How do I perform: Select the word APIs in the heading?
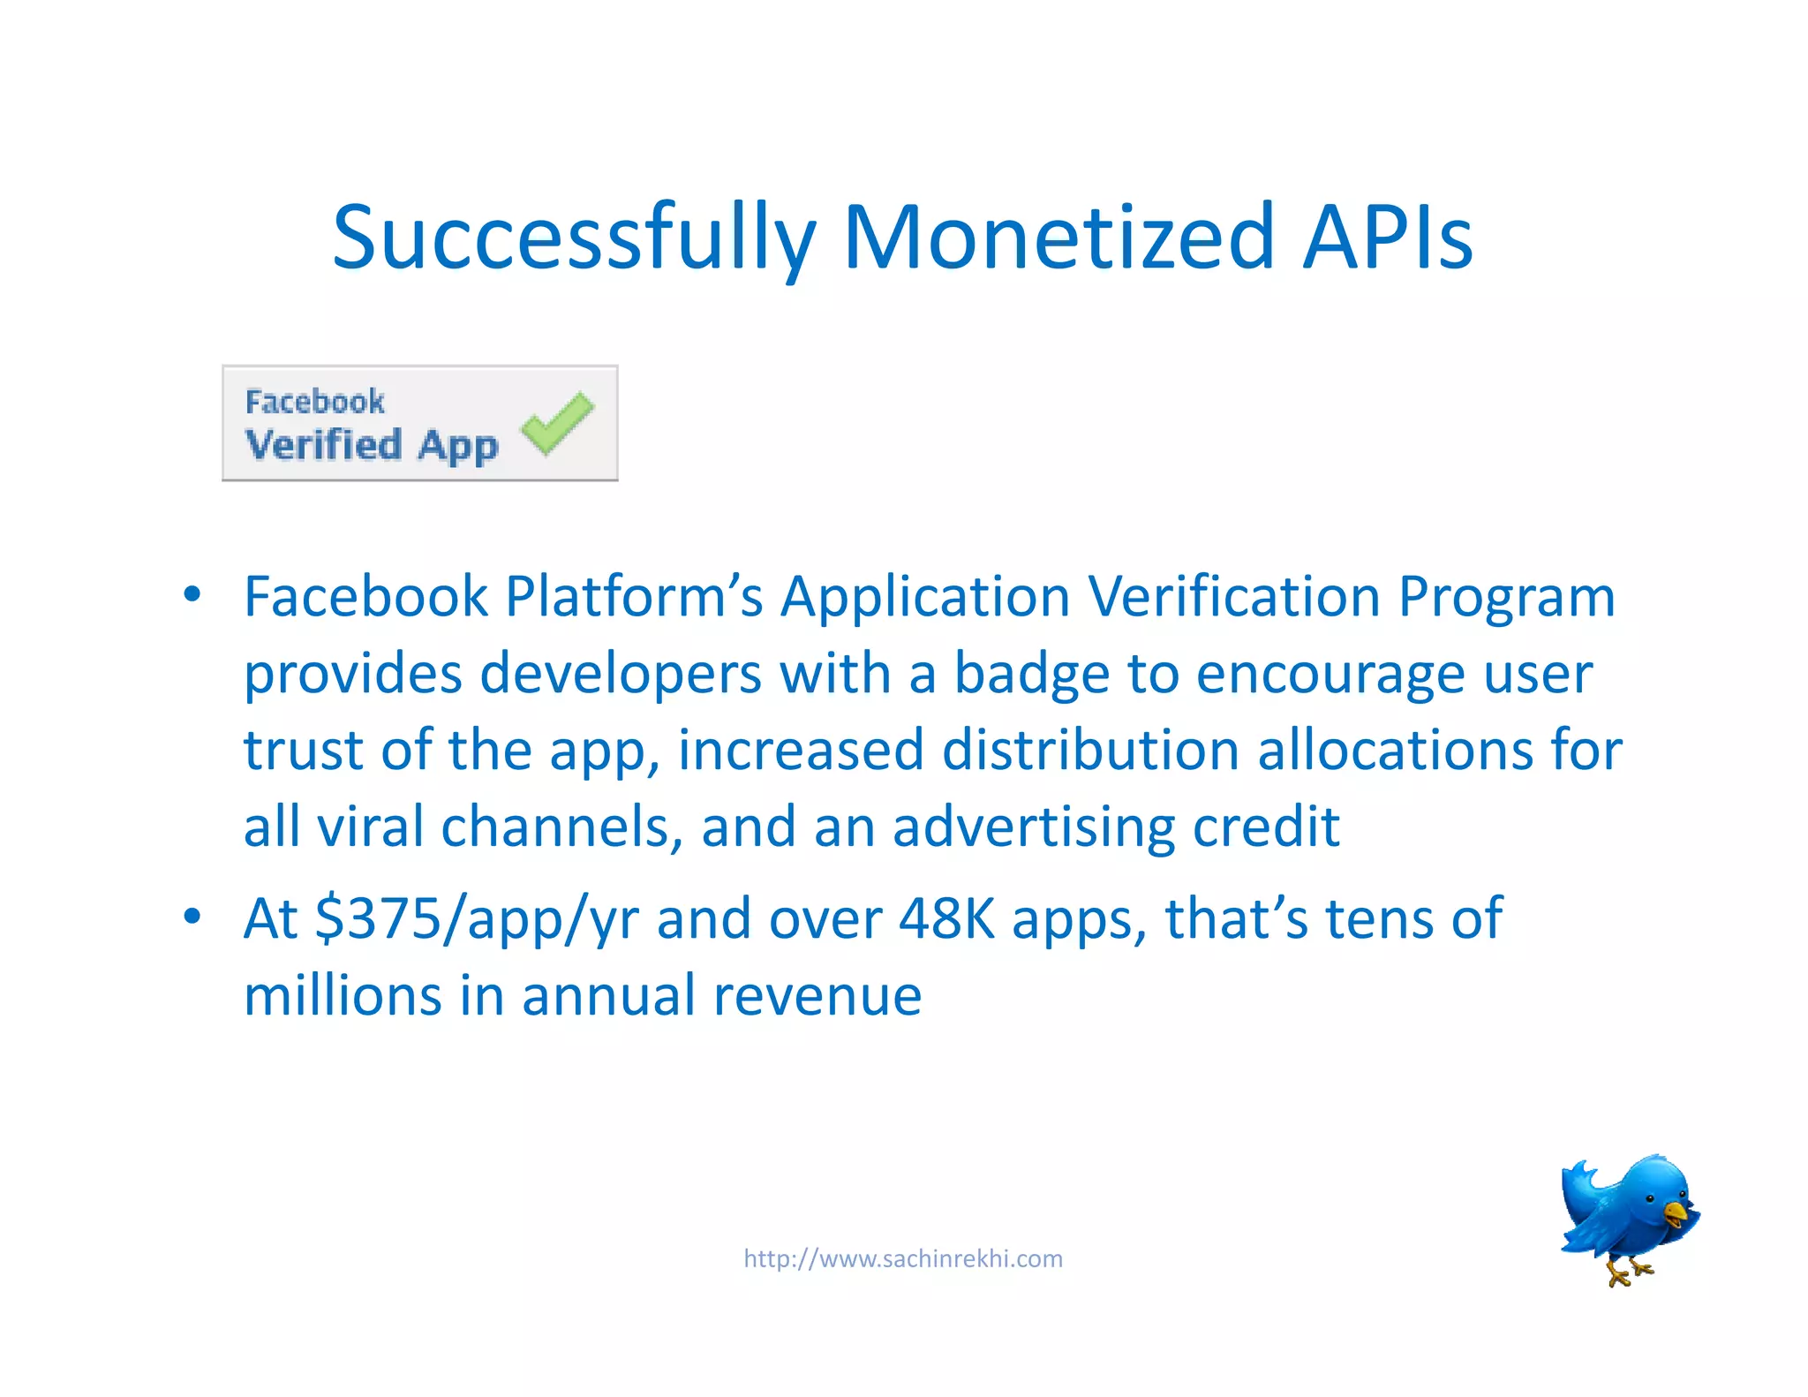click(x=1388, y=237)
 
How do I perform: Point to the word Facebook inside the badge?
click(x=314, y=402)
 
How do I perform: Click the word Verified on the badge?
click(x=323, y=444)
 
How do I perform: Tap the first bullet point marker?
click(x=192, y=594)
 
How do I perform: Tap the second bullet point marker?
click(x=192, y=917)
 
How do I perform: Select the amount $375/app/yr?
click(x=477, y=920)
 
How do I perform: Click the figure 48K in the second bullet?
click(x=946, y=918)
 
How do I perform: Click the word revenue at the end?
click(x=817, y=996)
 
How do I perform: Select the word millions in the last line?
click(x=343, y=996)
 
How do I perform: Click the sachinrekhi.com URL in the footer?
click(x=903, y=1258)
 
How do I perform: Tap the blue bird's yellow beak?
click(x=1675, y=1212)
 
